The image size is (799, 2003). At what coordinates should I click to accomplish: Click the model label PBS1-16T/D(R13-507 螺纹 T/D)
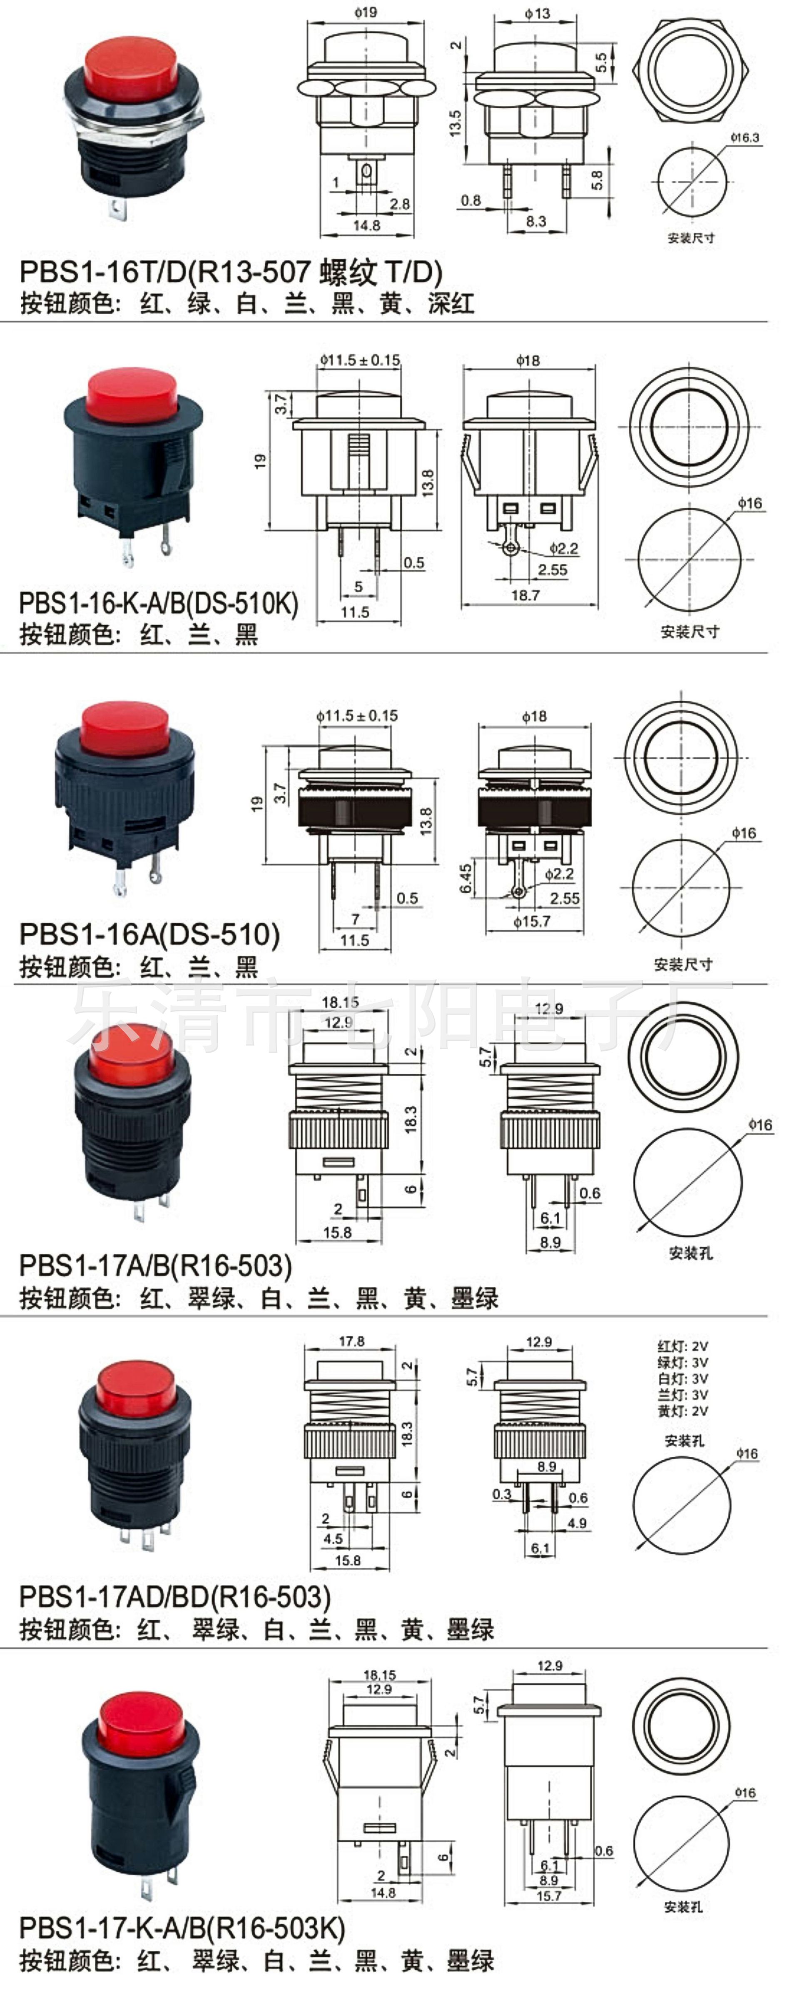tap(231, 272)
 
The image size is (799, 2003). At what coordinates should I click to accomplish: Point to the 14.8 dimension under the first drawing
tap(367, 225)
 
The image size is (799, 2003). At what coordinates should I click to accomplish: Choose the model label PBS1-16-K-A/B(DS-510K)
tap(159, 603)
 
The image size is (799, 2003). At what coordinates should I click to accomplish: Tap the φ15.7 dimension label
tap(532, 922)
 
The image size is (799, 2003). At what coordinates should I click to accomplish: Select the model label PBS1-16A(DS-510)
tap(149, 934)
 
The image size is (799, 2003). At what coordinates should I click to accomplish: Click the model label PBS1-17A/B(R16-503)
tap(155, 1265)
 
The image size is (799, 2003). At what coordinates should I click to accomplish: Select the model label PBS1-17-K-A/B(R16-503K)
tap(182, 1928)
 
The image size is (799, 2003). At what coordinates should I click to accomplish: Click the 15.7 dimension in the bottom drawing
tap(549, 1896)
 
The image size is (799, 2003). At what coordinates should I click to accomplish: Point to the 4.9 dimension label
tap(577, 1523)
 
